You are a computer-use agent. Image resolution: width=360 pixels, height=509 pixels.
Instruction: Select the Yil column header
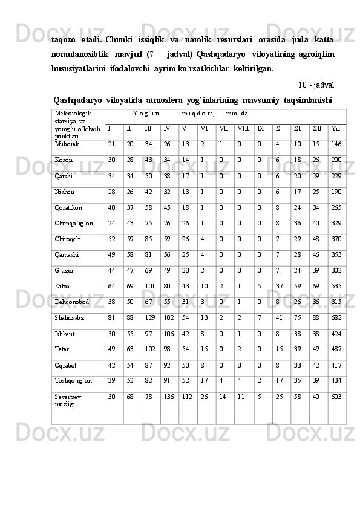336,129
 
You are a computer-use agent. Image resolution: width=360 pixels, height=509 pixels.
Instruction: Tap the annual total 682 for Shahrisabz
336,317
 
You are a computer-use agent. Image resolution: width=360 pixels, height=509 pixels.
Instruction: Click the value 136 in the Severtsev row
169,396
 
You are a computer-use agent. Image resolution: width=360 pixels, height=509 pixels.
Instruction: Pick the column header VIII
243,129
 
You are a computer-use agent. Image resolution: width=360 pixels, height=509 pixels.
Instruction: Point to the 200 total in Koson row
336,160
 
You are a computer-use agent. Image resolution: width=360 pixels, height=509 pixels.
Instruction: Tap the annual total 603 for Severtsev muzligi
336,396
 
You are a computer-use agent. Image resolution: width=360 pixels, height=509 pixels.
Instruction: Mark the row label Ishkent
64,333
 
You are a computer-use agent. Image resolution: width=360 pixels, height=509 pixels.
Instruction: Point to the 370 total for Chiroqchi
336,239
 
